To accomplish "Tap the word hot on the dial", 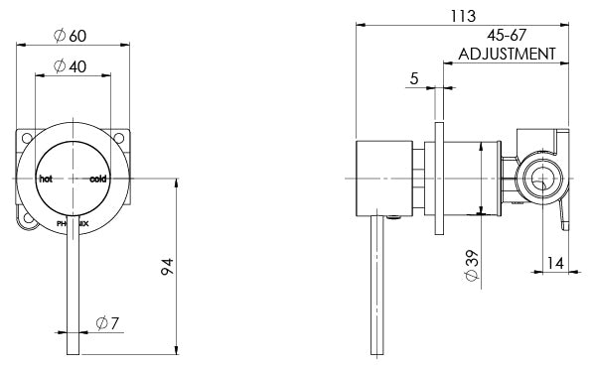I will tap(45, 180).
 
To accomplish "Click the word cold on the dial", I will tap(98, 180).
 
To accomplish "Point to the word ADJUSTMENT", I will tap(506, 55).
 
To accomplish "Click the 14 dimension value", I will tap(557, 262).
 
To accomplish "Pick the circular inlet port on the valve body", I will tap(539, 180).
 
